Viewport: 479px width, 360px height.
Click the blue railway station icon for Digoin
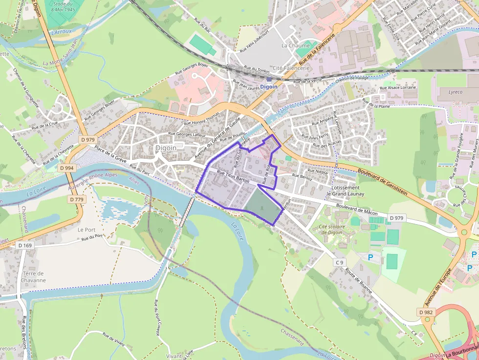click(x=269, y=79)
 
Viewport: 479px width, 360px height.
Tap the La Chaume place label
click(x=295, y=45)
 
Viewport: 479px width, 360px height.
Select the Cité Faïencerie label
click(x=291, y=68)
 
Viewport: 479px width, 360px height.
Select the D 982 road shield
click(x=426, y=312)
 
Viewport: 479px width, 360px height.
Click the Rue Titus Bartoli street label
click(x=233, y=176)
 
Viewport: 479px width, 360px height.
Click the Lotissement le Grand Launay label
click(x=345, y=191)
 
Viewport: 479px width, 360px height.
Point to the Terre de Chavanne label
click(x=33, y=277)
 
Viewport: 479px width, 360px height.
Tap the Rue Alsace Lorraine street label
click(x=398, y=87)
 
